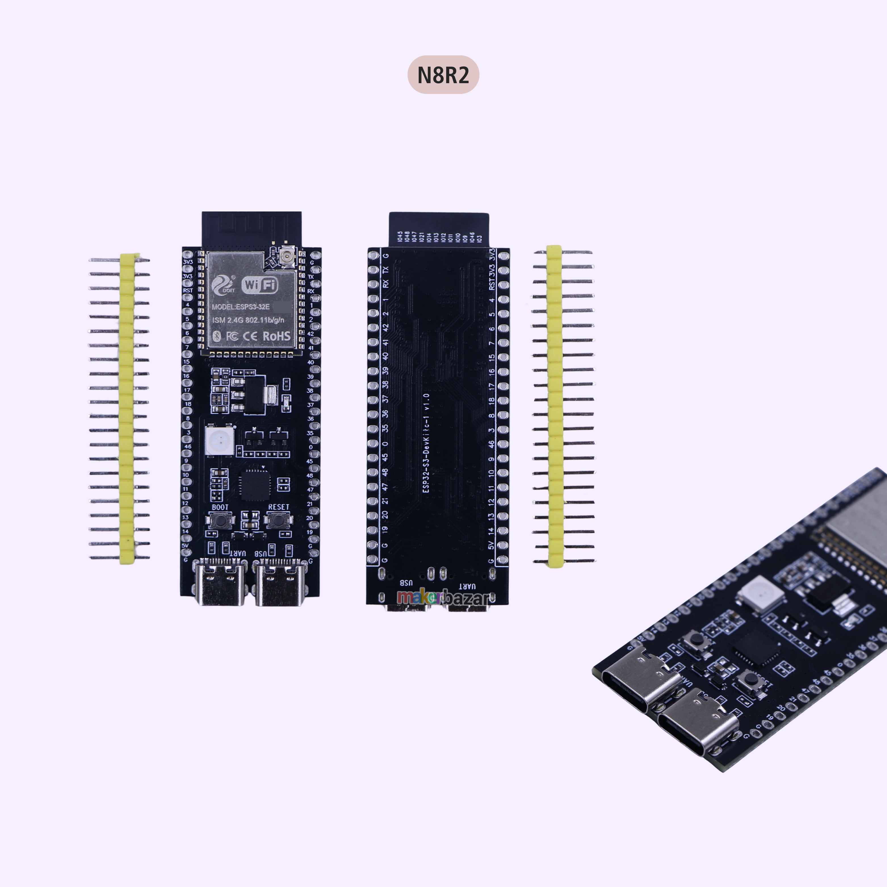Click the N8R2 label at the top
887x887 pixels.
click(x=443, y=75)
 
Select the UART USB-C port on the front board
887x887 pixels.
click(x=223, y=582)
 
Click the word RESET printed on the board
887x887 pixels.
click(x=279, y=507)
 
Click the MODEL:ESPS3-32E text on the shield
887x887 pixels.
click(x=241, y=307)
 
